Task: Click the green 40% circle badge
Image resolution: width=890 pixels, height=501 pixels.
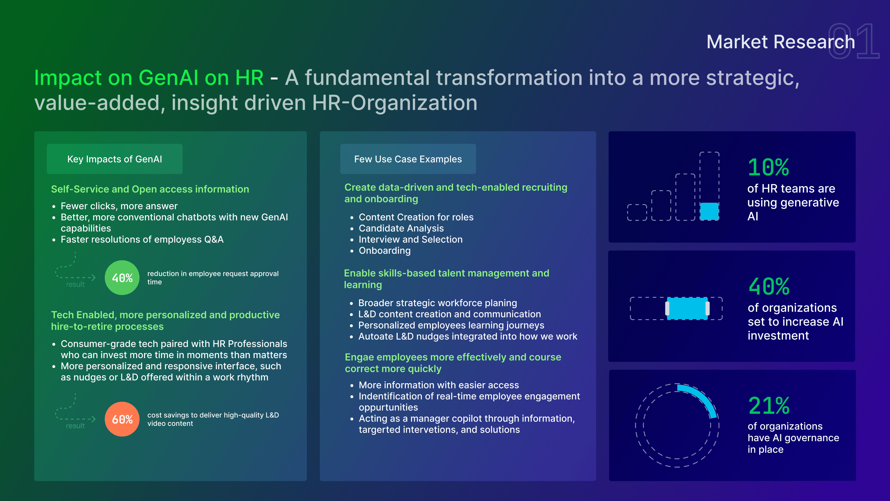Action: point(122,278)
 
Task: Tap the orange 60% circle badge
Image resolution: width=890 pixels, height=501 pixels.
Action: point(122,419)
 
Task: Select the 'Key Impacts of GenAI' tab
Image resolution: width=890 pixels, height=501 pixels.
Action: point(115,159)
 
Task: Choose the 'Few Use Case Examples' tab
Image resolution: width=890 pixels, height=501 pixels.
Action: point(408,159)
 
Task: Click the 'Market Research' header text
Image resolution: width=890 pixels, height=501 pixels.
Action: point(781,42)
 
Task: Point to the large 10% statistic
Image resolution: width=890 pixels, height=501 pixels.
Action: point(768,167)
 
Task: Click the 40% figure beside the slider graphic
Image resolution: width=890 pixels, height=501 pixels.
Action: point(769,287)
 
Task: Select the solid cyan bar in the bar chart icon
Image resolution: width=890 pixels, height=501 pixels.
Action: point(709,211)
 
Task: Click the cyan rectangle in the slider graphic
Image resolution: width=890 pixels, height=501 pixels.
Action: point(687,308)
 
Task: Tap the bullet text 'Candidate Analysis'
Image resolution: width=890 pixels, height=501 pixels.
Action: point(401,228)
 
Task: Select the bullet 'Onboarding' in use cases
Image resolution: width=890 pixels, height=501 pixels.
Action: point(384,251)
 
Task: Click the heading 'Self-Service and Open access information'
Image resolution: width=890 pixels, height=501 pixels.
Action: point(150,189)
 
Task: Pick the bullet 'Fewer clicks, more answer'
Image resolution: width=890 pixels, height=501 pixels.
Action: point(119,206)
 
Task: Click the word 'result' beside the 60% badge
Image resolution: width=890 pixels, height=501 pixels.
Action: point(75,426)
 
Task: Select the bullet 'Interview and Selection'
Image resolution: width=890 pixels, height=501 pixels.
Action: point(410,239)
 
